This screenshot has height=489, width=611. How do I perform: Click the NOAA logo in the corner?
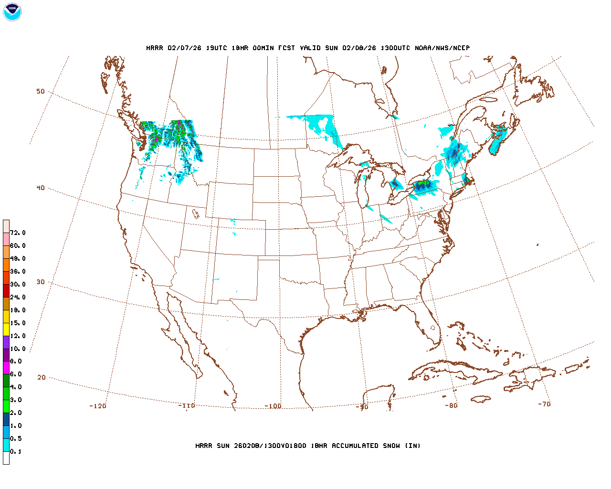coord(12,12)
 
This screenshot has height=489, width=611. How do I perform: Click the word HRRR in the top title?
coord(154,48)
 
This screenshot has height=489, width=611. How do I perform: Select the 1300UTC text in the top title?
coord(396,48)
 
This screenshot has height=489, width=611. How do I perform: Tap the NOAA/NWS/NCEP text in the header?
coord(442,48)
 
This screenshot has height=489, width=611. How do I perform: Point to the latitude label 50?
coord(41,92)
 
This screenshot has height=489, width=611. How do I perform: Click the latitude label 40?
coord(41,188)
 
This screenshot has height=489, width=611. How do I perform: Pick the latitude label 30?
coord(41,282)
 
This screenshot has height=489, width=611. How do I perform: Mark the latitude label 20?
coord(42,377)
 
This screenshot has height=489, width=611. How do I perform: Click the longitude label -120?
coord(97,406)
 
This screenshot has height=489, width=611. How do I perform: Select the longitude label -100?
coord(273,406)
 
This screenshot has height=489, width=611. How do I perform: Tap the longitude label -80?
coord(451,405)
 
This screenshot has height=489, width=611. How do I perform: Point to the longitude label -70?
coord(544,404)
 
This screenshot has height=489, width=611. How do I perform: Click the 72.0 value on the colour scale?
coord(18,233)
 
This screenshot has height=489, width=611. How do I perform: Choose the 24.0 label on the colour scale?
coord(18,297)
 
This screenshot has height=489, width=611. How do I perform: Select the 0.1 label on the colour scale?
coord(16,451)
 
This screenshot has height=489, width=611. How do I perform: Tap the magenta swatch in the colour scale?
coord(6,368)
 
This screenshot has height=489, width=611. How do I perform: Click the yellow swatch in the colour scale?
coord(6,329)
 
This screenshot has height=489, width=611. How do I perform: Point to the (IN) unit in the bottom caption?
coord(413,446)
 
